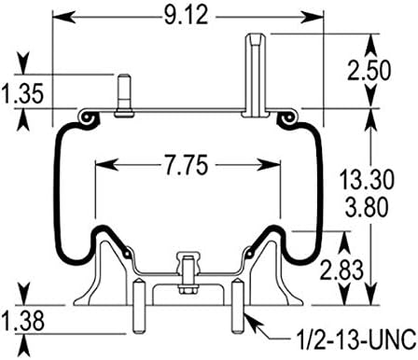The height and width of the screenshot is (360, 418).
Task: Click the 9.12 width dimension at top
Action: point(190,18)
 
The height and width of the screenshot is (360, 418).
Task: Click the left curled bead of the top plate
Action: point(90,119)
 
